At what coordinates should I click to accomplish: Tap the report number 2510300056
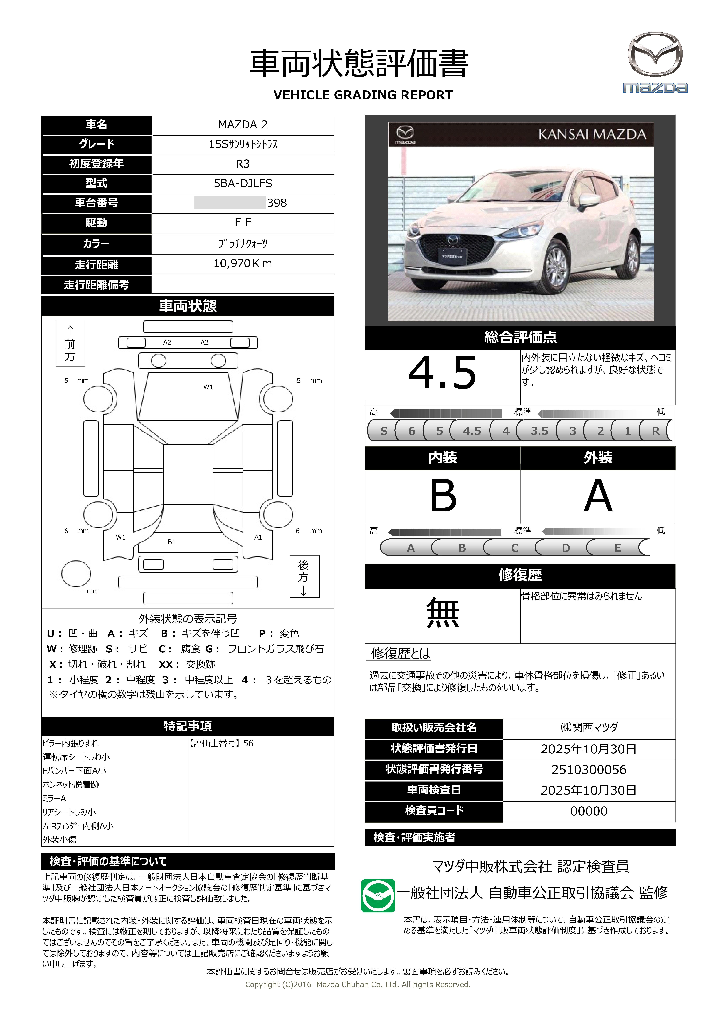(x=588, y=769)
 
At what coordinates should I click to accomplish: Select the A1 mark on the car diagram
(x=258, y=537)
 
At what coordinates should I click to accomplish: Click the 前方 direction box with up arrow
(x=70, y=343)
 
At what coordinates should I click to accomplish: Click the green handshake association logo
(x=378, y=896)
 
